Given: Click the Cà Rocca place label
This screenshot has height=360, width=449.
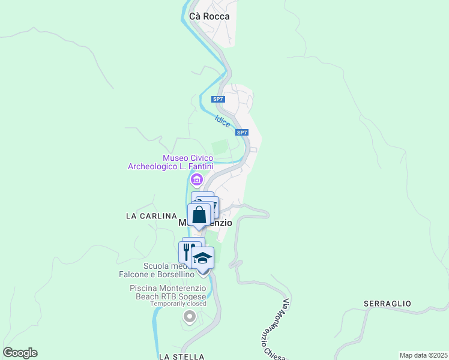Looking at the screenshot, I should click(209, 17).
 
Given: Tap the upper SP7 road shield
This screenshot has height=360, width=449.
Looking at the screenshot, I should click(218, 99).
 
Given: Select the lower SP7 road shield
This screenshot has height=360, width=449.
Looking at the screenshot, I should click(241, 133).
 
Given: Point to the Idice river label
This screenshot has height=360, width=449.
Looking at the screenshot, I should click(222, 120).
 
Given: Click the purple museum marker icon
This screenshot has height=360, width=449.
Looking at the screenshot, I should click(196, 179).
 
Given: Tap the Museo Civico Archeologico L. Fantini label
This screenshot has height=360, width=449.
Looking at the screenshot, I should click(171, 162).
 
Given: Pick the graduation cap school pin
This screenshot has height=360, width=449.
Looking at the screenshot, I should click(203, 258).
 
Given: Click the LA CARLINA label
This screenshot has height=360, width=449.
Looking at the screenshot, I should click(151, 215).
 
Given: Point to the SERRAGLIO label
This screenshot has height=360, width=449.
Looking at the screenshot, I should click(388, 304).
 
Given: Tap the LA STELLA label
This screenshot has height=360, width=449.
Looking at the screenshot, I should click(182, 356).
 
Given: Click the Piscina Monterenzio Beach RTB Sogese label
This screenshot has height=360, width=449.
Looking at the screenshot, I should click(168, 292).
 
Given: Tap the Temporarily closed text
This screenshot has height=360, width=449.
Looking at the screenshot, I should click(178, 304).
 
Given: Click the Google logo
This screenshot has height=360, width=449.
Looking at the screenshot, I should click(20, 353).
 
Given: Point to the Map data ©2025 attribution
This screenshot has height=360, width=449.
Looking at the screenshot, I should click(423, 355).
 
